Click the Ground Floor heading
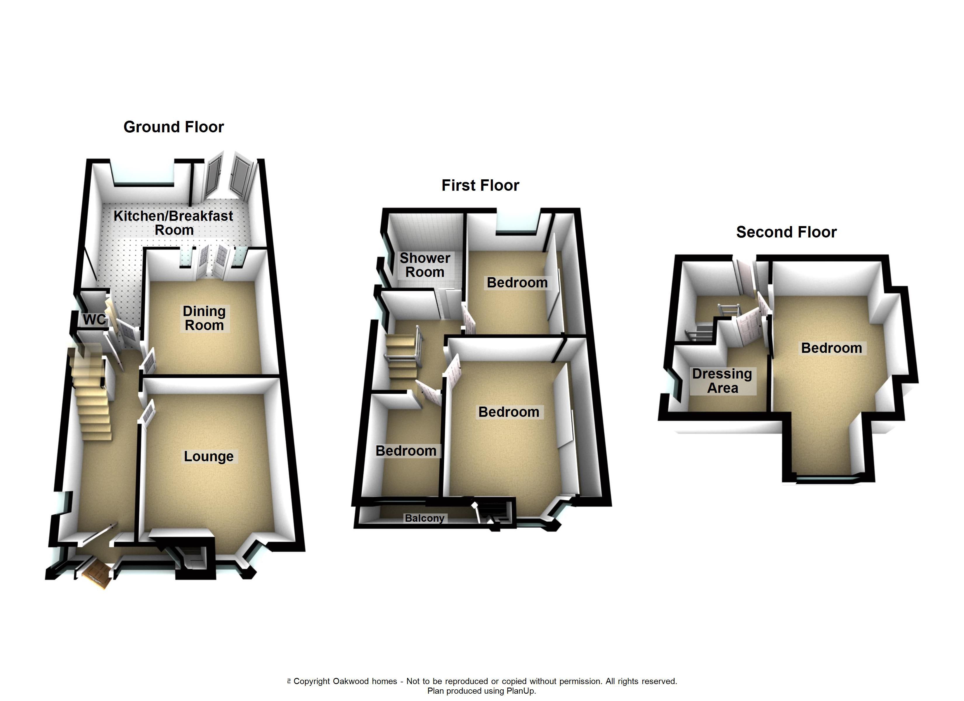click(174, 127)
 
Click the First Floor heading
click(480, 185)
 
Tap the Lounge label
click(208, 456)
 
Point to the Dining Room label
click(204, 318)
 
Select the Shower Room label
click(425, 265)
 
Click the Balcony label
click(424, 518)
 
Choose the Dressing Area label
click(722, 381)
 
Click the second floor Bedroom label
click(831, 348)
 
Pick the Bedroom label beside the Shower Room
click(517, 283)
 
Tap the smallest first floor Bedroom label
click(406, 451)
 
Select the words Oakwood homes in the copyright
click(365, 681)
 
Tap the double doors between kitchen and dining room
click(213, 261)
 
